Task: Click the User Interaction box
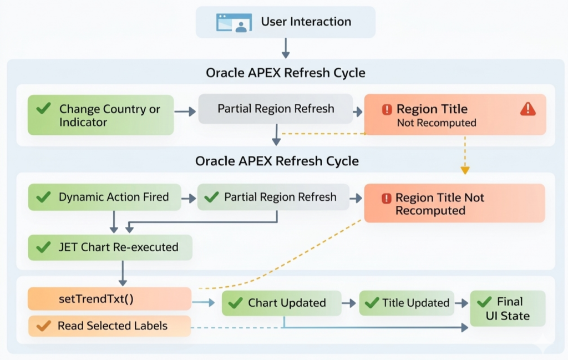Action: [x=286, y=22]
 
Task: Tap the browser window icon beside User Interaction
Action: [x=231, y=23]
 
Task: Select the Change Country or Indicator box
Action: [x=101, y=115]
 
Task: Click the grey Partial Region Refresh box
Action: [x=276, y=109]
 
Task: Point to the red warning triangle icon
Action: [x=528, y=109]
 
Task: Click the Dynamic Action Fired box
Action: [x=105, y=197]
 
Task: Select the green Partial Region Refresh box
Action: [x=273, y=197]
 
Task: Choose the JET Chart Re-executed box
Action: [x=110, y=247]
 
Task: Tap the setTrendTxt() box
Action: [x=109, y=299]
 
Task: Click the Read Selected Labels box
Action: [x=109, y=326]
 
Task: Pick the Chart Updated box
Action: [x=281, y=303]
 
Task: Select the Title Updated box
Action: [x=407, y=303]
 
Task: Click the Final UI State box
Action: [x=508, y=308]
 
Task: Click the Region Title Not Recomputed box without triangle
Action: [x=454, y=204]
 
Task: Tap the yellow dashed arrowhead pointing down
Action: [x=465, y=170]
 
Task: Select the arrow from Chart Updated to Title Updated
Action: [x=349, y=303]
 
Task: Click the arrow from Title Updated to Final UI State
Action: [x=461, y=303]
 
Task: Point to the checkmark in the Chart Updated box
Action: [x=236, y=303]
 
